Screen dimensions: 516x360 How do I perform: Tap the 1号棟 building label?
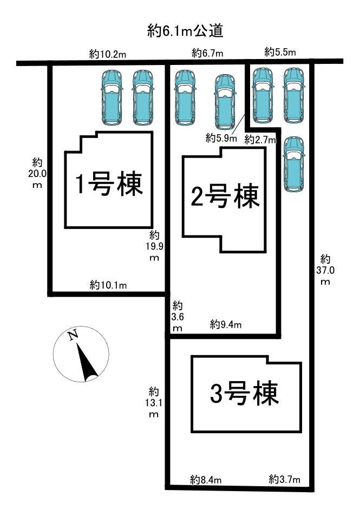[x=108, y=185]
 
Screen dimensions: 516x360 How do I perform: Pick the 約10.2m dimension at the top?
[x=108, y=54]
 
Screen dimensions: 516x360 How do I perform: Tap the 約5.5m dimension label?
[x=280, y=52]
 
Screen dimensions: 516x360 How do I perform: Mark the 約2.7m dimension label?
[x=260, y=140]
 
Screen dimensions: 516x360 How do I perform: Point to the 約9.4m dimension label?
[x=226, y=324]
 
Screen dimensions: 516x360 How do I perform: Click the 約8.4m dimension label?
[x=206, y=479]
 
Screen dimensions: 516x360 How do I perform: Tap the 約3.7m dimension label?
[x=284, y=479]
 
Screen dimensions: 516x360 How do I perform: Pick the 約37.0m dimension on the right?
[x=325, y=270]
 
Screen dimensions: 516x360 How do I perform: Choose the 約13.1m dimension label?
[x=154, y=402]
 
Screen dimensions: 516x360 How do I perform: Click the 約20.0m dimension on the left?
[x=37, y=173]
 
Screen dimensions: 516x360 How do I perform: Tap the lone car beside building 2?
[x=294, y=164]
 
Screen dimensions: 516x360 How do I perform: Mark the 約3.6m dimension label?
[x=177, y=317]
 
